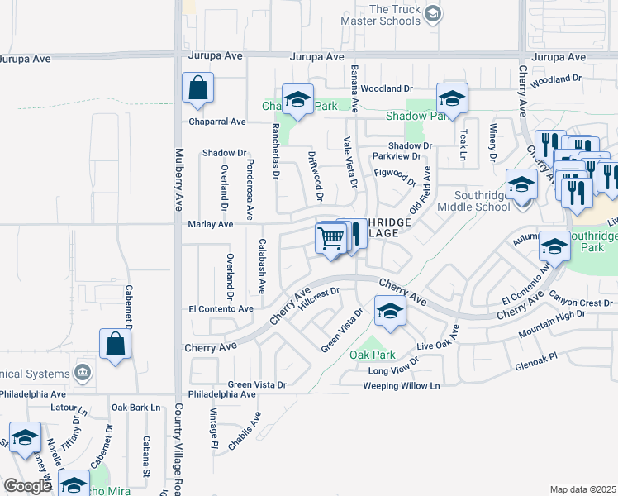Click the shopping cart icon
click(330, 240)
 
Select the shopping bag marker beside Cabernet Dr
click(115, 345)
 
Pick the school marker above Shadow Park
click(452, 99)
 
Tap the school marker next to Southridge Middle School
click(521, 185)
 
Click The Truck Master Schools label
click(395, 15)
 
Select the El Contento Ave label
click(221, 308)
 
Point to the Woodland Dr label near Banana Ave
click(386, 88)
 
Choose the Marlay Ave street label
click(211, 224)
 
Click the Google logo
click(27, 486)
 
